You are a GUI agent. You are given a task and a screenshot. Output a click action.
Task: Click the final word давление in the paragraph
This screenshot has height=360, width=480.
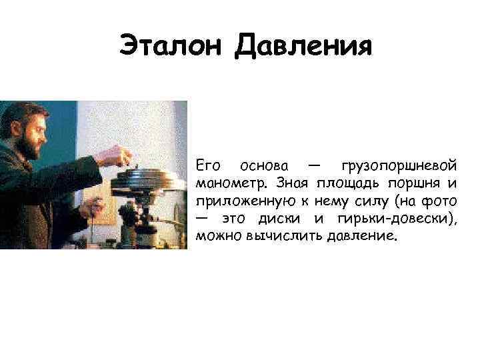(x=362, y=237)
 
